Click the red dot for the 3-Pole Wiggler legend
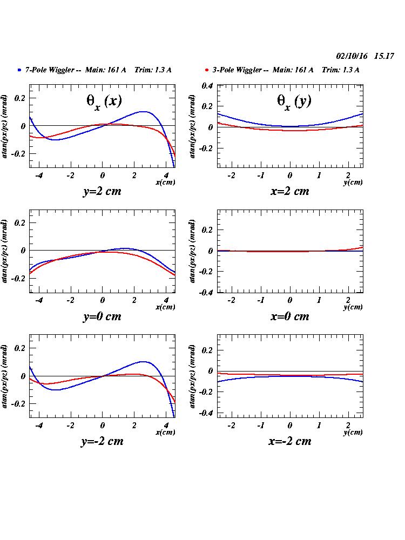click(207, 70)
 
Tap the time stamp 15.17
click(384, 56)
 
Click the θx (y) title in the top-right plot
click(294, 102)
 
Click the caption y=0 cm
click(102, 316)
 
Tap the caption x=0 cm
click(289, 316)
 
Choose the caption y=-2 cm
click(102, 441)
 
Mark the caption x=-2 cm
click(289, 441)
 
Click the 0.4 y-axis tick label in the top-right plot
click(207, 86)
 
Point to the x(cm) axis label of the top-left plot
click(165, 183)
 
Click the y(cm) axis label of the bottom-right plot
click(353, 433)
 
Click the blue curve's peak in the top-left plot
click(143, 112)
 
